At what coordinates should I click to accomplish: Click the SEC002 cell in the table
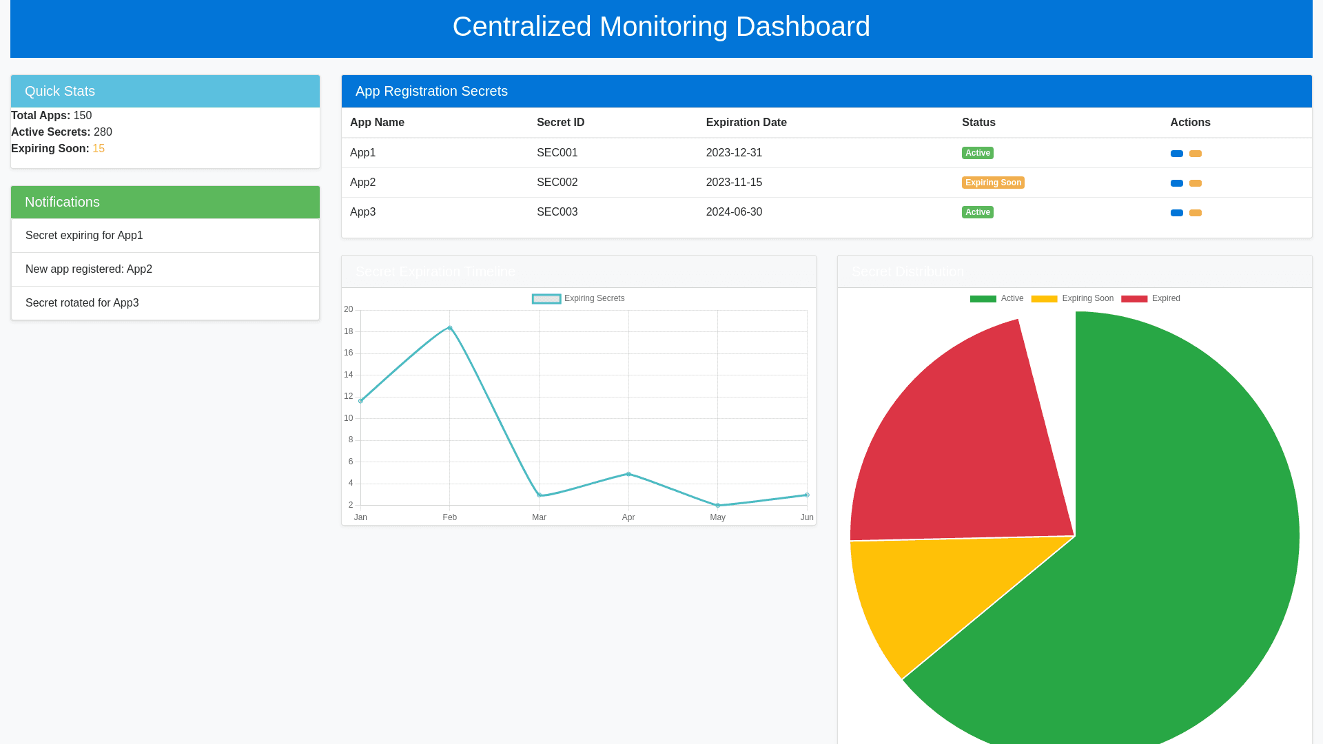(557, 183)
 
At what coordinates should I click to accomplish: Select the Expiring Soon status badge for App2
(993, 183)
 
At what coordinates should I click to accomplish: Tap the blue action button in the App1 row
(1176, 154)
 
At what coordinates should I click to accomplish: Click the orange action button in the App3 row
(1196, 213)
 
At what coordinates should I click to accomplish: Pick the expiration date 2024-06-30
(734, 212)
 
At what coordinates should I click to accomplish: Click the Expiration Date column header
(746, 123)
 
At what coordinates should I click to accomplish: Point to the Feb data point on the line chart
(450, 328)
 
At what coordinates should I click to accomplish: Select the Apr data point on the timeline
(628, 474)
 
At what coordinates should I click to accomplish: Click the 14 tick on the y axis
(349, 375)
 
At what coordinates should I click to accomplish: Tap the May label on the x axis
(717, 517)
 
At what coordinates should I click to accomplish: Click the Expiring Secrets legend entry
(579, 298)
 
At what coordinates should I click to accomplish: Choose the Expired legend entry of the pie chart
(1151, 298)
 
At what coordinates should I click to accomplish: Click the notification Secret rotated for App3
(82, 303)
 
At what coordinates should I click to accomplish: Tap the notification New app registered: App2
(89, 269)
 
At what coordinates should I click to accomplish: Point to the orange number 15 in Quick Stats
(99, 149)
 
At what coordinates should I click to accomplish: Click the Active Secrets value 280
(103, 132)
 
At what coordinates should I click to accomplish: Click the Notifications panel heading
(62, 202)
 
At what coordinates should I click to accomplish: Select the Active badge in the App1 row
(977, 153)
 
